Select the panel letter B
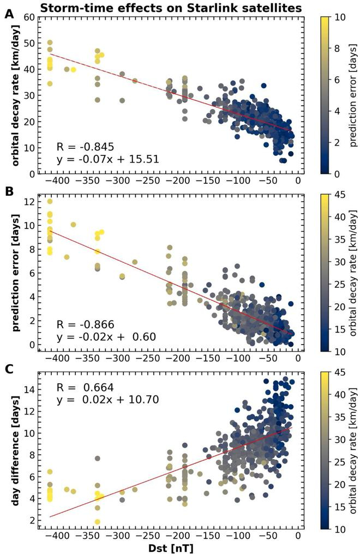tap(9, 192)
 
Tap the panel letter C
tap(9, 370)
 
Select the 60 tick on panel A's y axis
tap(29, 17)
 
